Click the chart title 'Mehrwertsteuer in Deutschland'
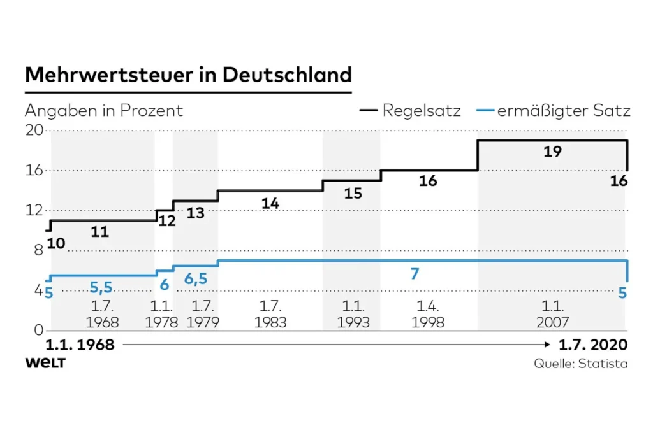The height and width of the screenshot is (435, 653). coord(188,75)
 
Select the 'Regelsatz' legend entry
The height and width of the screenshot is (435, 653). coord(422,111)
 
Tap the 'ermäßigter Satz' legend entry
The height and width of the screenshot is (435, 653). coord(564,111)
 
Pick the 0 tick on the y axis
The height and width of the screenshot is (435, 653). coord(38,330)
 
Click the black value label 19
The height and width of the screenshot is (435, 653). coord(552,152)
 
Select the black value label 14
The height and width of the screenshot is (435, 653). coord(270,203)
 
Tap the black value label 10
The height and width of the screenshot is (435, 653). coord(56,243)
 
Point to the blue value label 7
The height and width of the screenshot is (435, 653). coord(415,274)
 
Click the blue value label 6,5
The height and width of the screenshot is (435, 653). coord(196,279)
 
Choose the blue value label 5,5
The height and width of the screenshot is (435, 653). coord(101,287)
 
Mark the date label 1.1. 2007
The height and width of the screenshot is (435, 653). coord(553,314)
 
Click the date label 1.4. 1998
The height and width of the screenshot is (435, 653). coord(429,314)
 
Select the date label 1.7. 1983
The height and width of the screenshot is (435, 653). coord(270,314)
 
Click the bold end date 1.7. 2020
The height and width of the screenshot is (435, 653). coord(594,345)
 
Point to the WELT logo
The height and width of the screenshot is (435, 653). coord(45,363)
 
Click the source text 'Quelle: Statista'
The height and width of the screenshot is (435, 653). coord(581,364)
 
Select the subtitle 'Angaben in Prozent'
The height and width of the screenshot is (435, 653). coord(104,111)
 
